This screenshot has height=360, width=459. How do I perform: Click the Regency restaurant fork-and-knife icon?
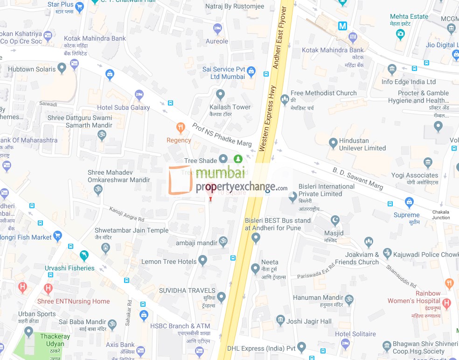pos(180,127)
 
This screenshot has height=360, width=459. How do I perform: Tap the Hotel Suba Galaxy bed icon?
pos(139,95)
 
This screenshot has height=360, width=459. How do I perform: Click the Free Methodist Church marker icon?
pos(285,99)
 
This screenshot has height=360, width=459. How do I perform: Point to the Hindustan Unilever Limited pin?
pos(333,143)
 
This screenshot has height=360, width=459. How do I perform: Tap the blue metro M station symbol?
pos(343,26)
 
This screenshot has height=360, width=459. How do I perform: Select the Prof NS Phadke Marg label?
pos(222,134)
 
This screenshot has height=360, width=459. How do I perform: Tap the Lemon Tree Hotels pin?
pos(202,260)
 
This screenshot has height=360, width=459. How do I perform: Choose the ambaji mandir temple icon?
pos(223,242)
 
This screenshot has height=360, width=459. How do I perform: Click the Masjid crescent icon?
pos(334,220)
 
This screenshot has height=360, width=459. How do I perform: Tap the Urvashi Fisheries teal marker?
pos(84,255)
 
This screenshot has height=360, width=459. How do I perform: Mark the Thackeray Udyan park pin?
pos(29,332)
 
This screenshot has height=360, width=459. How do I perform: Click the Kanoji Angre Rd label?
pos(127,214)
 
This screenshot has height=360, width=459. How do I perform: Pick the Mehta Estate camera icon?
pos(400,33)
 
